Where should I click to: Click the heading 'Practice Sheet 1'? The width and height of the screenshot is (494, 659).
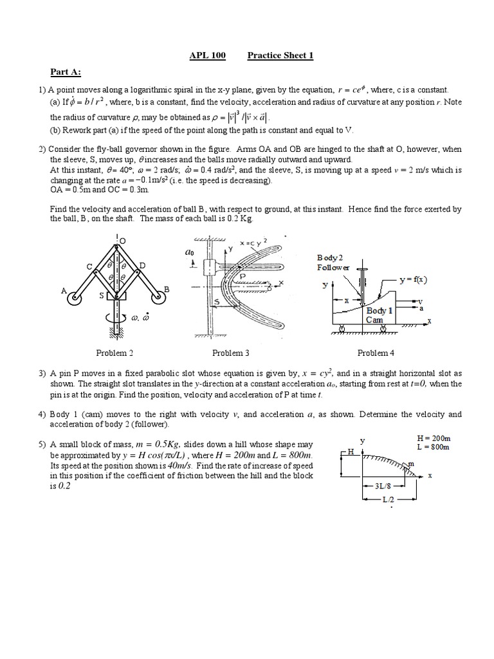coord(280,55)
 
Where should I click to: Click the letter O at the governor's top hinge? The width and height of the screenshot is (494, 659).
coord(122,240)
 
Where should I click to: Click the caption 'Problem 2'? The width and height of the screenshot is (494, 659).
coord(114,353)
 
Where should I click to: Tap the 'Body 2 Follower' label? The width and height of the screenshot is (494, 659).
coord(333,262)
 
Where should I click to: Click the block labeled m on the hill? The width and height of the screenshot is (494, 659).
coord(408,464)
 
